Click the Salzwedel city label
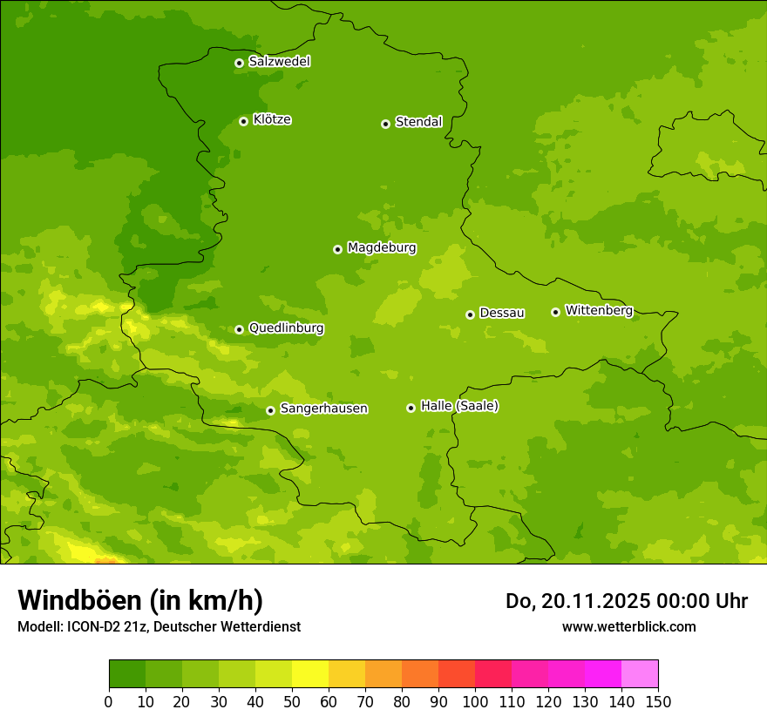(x=279, y=62)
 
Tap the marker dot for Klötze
(x=244, y=121)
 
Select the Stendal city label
(x=418, y=122)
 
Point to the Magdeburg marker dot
(x=338, y=249)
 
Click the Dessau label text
(x=502, y=313)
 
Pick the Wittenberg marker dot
(x=556, y=312)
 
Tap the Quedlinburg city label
(x=286, y=328)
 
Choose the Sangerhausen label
(x=323, y=409)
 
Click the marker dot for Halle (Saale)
(x=411, y=408)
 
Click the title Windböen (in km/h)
(x=140, y=600)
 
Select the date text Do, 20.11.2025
(x=578, y=601)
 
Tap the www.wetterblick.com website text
(x=628, y=626)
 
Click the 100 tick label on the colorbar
(x=475, y=701)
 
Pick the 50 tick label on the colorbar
(x=292, y=701)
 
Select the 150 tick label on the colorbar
(x=658, y=701)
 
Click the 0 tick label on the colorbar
(x=109, y=701)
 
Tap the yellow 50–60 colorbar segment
(x=310, y=674)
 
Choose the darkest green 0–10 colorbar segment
(x=127, y=674)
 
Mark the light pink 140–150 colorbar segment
(x=640, y=674)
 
